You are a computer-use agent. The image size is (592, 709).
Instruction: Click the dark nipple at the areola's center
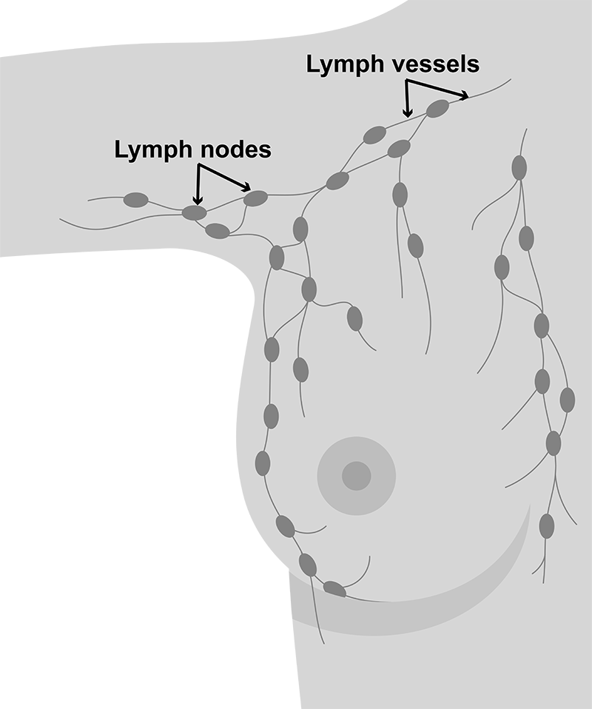[356, 475]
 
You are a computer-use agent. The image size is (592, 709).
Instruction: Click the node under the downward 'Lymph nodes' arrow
[195, 213]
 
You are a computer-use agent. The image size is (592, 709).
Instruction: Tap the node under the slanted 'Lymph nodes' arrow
[255, 198]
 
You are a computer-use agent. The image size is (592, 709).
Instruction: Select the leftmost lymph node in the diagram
[135, 199]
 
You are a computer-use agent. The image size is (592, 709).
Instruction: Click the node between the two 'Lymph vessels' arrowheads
[437, 109]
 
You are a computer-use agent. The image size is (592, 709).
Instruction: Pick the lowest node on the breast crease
[334, 589]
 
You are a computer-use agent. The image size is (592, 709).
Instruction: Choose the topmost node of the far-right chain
[519, 168]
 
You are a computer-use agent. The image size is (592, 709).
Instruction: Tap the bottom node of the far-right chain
[547, 525]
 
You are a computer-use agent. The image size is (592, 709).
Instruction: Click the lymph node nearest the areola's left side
[263, 463]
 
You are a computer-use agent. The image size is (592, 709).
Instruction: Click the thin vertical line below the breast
[265, 666]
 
